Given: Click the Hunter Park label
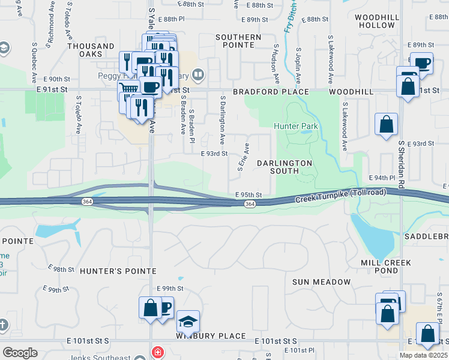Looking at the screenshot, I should [296, 126].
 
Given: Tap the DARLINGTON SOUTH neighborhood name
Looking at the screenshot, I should [285, 167].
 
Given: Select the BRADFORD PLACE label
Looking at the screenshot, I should [271, 92].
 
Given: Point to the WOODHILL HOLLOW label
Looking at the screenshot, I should [376, 22].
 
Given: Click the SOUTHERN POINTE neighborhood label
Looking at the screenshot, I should [238, 41].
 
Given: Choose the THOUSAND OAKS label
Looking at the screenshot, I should [91, 50].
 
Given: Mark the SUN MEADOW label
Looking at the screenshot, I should [321, 282].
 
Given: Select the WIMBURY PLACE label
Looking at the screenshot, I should [211, 336].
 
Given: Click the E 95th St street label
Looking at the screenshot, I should [249, 194].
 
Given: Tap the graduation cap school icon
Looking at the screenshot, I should [188, 322].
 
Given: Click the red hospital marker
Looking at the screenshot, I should [157, 352].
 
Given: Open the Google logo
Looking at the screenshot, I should [20, 353].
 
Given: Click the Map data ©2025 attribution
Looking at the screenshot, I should [423, 355].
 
